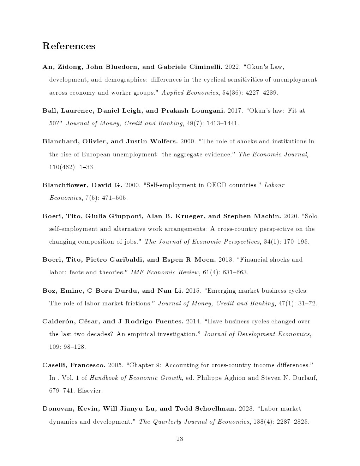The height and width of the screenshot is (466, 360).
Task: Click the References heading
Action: coord(69,46)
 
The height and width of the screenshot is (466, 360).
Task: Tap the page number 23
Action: coord(180,439)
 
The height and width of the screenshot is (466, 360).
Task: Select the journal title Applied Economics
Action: coord(190,92)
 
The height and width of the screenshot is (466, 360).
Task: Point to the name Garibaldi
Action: coord(126,259)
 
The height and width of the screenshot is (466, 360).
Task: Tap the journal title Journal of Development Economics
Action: coord(257,334)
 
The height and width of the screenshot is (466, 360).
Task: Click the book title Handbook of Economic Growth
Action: coord(136,378)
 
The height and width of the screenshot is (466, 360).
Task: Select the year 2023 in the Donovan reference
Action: coord(246,408)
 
